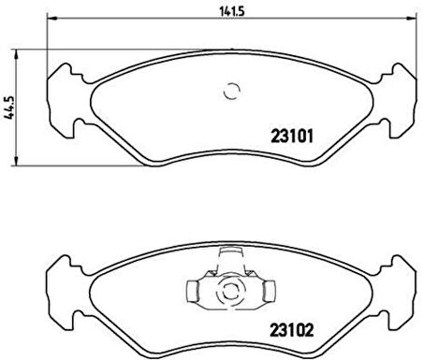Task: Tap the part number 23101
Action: pos(292,134)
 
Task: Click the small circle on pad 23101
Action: pos(230,91)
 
